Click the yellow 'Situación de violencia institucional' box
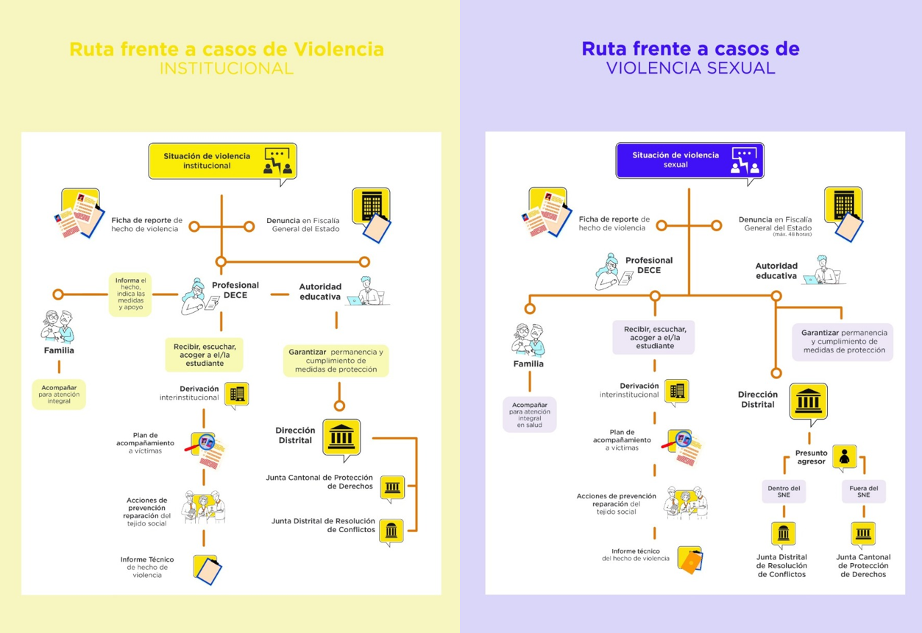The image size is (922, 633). point(222,161)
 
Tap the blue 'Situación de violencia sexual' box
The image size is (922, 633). point(689,160)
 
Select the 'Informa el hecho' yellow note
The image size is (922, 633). point(130,294)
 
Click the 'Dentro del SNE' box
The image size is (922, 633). point(783,492)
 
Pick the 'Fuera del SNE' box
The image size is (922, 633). point(863,492)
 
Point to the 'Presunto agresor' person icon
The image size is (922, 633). point(844,456)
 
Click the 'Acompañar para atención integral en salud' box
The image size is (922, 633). point(529,414)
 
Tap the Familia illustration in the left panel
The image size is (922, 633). point(59,326)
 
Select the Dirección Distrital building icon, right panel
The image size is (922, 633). point(808,401)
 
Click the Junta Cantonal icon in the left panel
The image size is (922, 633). point(392,487)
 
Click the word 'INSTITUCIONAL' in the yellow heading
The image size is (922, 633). point(226,68)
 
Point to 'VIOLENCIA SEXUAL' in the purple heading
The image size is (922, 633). point(690,68)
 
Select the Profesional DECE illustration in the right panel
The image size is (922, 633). point(612,272)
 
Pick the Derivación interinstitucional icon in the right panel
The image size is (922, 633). point(676,391)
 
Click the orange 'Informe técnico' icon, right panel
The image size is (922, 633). point(689,560)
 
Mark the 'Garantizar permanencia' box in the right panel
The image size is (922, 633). point(843,342)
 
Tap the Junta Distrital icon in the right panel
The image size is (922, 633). point(783,534)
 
